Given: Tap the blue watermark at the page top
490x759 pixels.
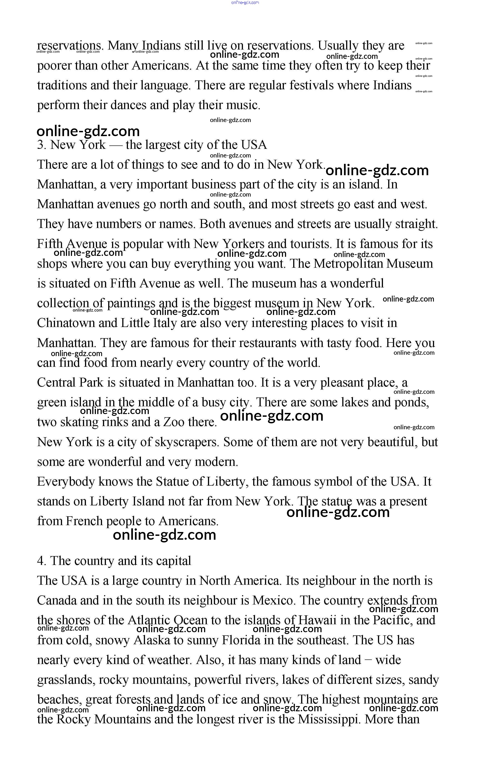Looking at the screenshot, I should coord(245,2).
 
